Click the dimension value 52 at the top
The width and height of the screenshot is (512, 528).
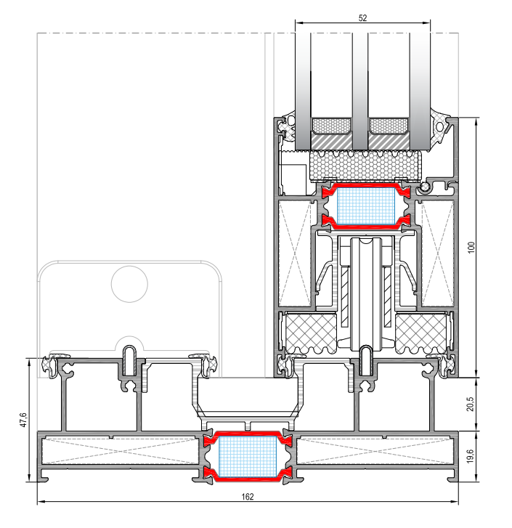362,18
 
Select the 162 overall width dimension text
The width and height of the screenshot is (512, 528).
248,497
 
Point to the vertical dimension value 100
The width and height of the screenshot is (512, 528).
471,247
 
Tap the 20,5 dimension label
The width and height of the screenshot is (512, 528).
471,404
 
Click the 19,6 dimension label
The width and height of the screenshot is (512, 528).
471,456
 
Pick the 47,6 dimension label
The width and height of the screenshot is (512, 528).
23,420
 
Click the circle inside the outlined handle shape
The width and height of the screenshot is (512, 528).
129,284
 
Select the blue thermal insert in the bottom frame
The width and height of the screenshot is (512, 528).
248,457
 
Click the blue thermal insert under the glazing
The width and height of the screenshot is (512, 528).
365,206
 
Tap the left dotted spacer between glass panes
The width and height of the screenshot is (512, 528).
331,126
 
